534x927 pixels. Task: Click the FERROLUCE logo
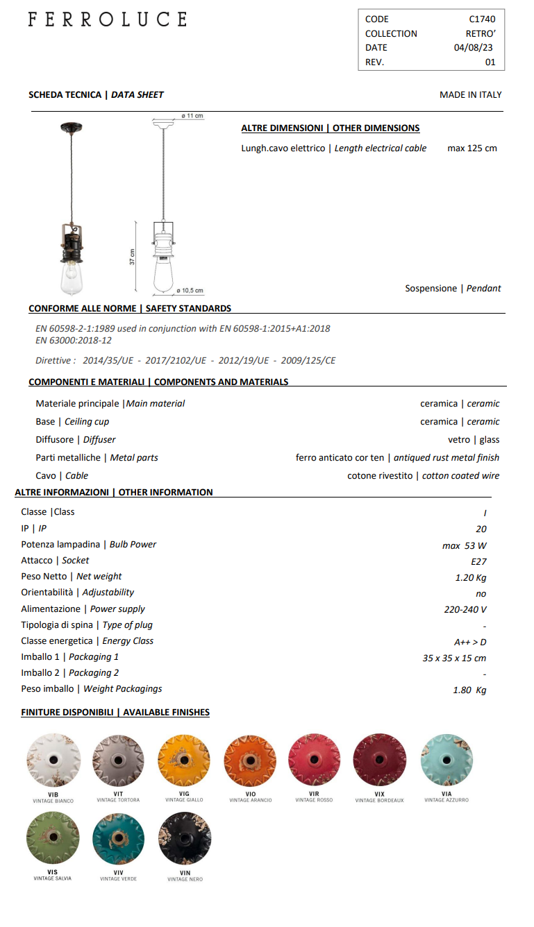[108, 19]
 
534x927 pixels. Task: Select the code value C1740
[482, 19]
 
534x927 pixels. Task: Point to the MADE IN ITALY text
[470, 95]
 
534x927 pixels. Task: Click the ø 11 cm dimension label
[192, 116]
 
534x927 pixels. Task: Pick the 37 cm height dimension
[132, 257]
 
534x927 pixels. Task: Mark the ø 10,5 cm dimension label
[190, 291]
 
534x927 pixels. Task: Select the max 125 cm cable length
[472, 148]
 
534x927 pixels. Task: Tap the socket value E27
[478, 561]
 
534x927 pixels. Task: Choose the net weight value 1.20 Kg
[471, 577]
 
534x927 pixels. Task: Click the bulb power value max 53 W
[465, 545]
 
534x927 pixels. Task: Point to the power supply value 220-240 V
[465, 610]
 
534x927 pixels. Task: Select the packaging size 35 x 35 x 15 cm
[454, 658]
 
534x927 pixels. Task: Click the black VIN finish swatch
[185, 838]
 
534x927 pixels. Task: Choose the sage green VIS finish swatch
[53, 838]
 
